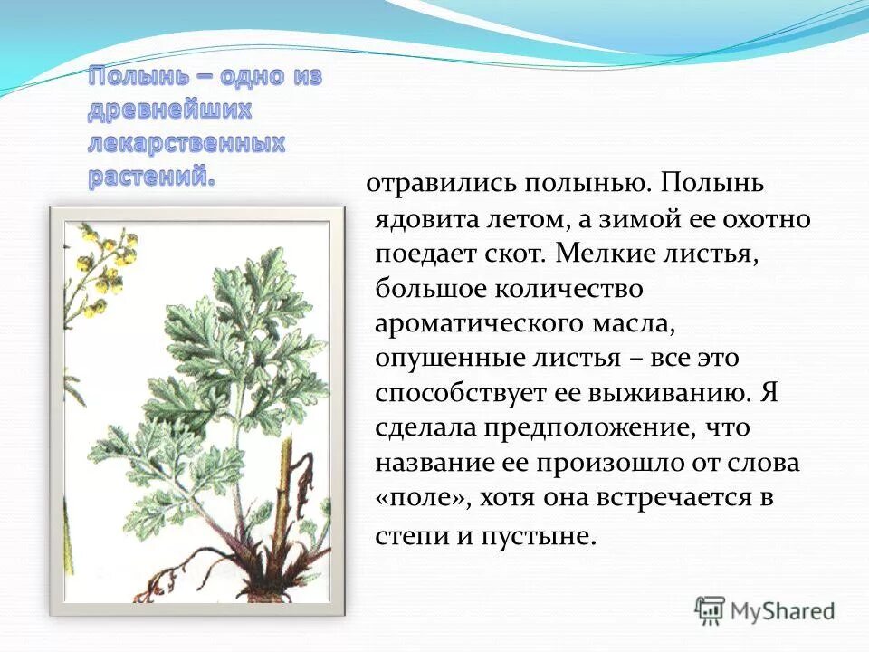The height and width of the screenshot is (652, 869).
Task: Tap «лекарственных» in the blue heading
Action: click(x=186, y=143)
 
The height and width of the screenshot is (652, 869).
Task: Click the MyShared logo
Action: click(x=764, y=610)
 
